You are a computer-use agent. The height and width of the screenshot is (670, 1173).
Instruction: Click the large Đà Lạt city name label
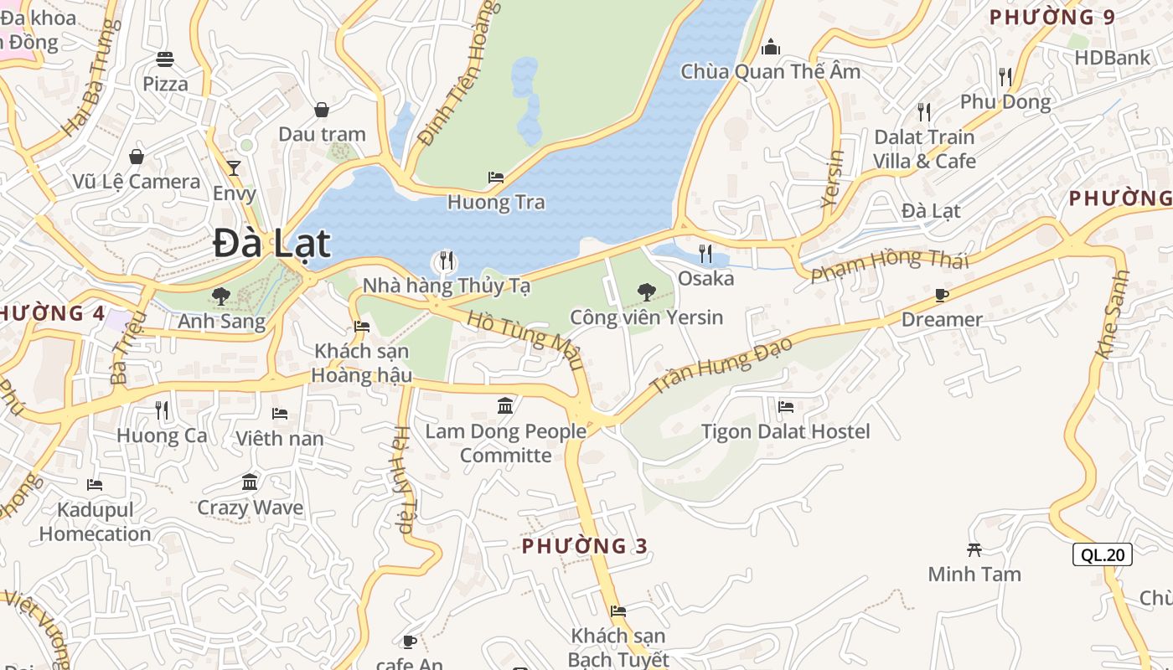tap(271, 244)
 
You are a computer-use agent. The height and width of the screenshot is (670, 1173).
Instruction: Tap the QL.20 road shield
tap(1102, 554)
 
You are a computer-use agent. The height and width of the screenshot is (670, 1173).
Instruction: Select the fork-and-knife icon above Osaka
tap(705, 253)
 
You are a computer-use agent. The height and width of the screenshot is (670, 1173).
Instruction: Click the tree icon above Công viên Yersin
tap(646, 292)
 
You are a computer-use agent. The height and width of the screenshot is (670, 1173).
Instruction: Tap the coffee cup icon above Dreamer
tap(942, 295)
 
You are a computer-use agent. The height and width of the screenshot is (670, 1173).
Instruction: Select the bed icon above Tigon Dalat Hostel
tap(785, 407)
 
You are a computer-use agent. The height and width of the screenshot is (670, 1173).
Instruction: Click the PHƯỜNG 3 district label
tap(585, 546)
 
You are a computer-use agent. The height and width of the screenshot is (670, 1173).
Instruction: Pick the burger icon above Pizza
tap(165, 59)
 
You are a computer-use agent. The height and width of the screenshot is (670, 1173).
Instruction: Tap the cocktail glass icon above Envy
tap(234, 167)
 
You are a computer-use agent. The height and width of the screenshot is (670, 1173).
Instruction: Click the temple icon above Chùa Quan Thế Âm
tap(771, 47)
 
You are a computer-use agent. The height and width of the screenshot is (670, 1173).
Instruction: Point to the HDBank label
tap(1113, 58)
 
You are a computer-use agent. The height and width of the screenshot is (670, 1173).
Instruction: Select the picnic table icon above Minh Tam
tap(974, 549)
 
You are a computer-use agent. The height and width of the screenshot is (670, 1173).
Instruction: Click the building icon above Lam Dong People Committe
tap(505, 406)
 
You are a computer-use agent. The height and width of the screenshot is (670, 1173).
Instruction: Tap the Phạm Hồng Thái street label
tap(889, 265)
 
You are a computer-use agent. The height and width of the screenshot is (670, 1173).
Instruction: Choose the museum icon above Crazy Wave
tap(250, 482)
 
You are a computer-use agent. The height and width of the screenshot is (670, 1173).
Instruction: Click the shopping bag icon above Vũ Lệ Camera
tap(136, 157)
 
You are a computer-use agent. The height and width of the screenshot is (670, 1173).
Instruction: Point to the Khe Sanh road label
tap(1114, 315)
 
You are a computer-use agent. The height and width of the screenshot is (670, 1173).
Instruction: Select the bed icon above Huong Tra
tap(496, 178)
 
